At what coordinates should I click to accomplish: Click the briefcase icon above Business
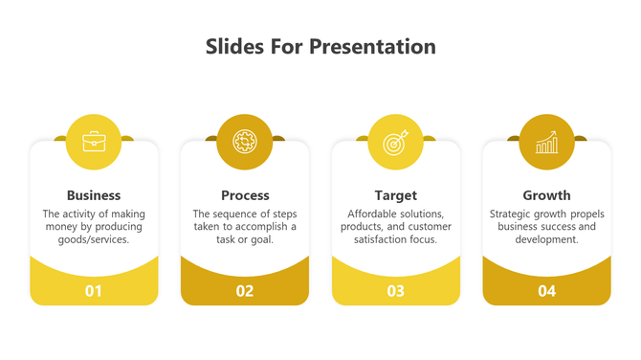click(94, 142)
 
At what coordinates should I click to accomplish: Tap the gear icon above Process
click(245, 142)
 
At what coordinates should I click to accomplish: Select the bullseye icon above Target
click(395, 142)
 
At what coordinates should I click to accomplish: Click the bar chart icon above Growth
click(546, 142)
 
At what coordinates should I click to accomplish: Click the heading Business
click(94, 195)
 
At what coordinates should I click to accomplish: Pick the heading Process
click(245, 195)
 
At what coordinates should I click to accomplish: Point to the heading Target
click(395, 195)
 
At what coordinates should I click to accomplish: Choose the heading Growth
click(546, 195)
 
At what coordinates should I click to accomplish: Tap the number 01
click(94, 291)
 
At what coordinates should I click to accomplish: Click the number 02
click(245, 291)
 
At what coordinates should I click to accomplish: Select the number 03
click(395, 291)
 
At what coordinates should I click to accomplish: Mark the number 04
click(546, 291)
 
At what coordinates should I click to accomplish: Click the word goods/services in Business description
click(94, 240)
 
